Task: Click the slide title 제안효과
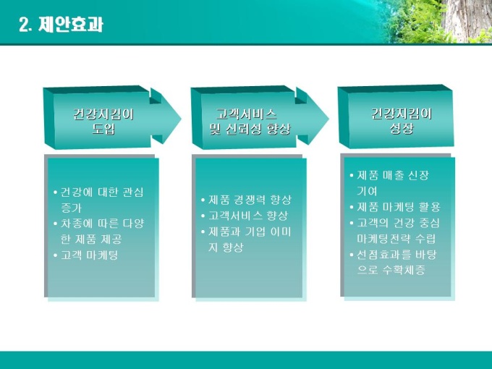pos(71,24)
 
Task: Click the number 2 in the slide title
pos(24,25)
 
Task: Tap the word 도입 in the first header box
pos(103,129)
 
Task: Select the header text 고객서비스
pos(246,114)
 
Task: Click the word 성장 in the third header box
pos(402,128)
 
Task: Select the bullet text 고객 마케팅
pos(89,255)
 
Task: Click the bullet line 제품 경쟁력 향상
pos(250,200)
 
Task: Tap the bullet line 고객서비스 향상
pos(248,216)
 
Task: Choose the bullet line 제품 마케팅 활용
pos(399,207)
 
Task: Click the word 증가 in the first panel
pos(71,208)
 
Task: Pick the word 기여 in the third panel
pos(367,191)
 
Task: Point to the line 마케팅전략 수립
pos(396,239)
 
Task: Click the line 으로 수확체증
pos(391,270)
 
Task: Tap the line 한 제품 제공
pos(91,239)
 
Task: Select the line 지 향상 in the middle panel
pos(226,247)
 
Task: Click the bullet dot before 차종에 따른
pos(56,224)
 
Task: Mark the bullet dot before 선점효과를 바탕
pos(352,254)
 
